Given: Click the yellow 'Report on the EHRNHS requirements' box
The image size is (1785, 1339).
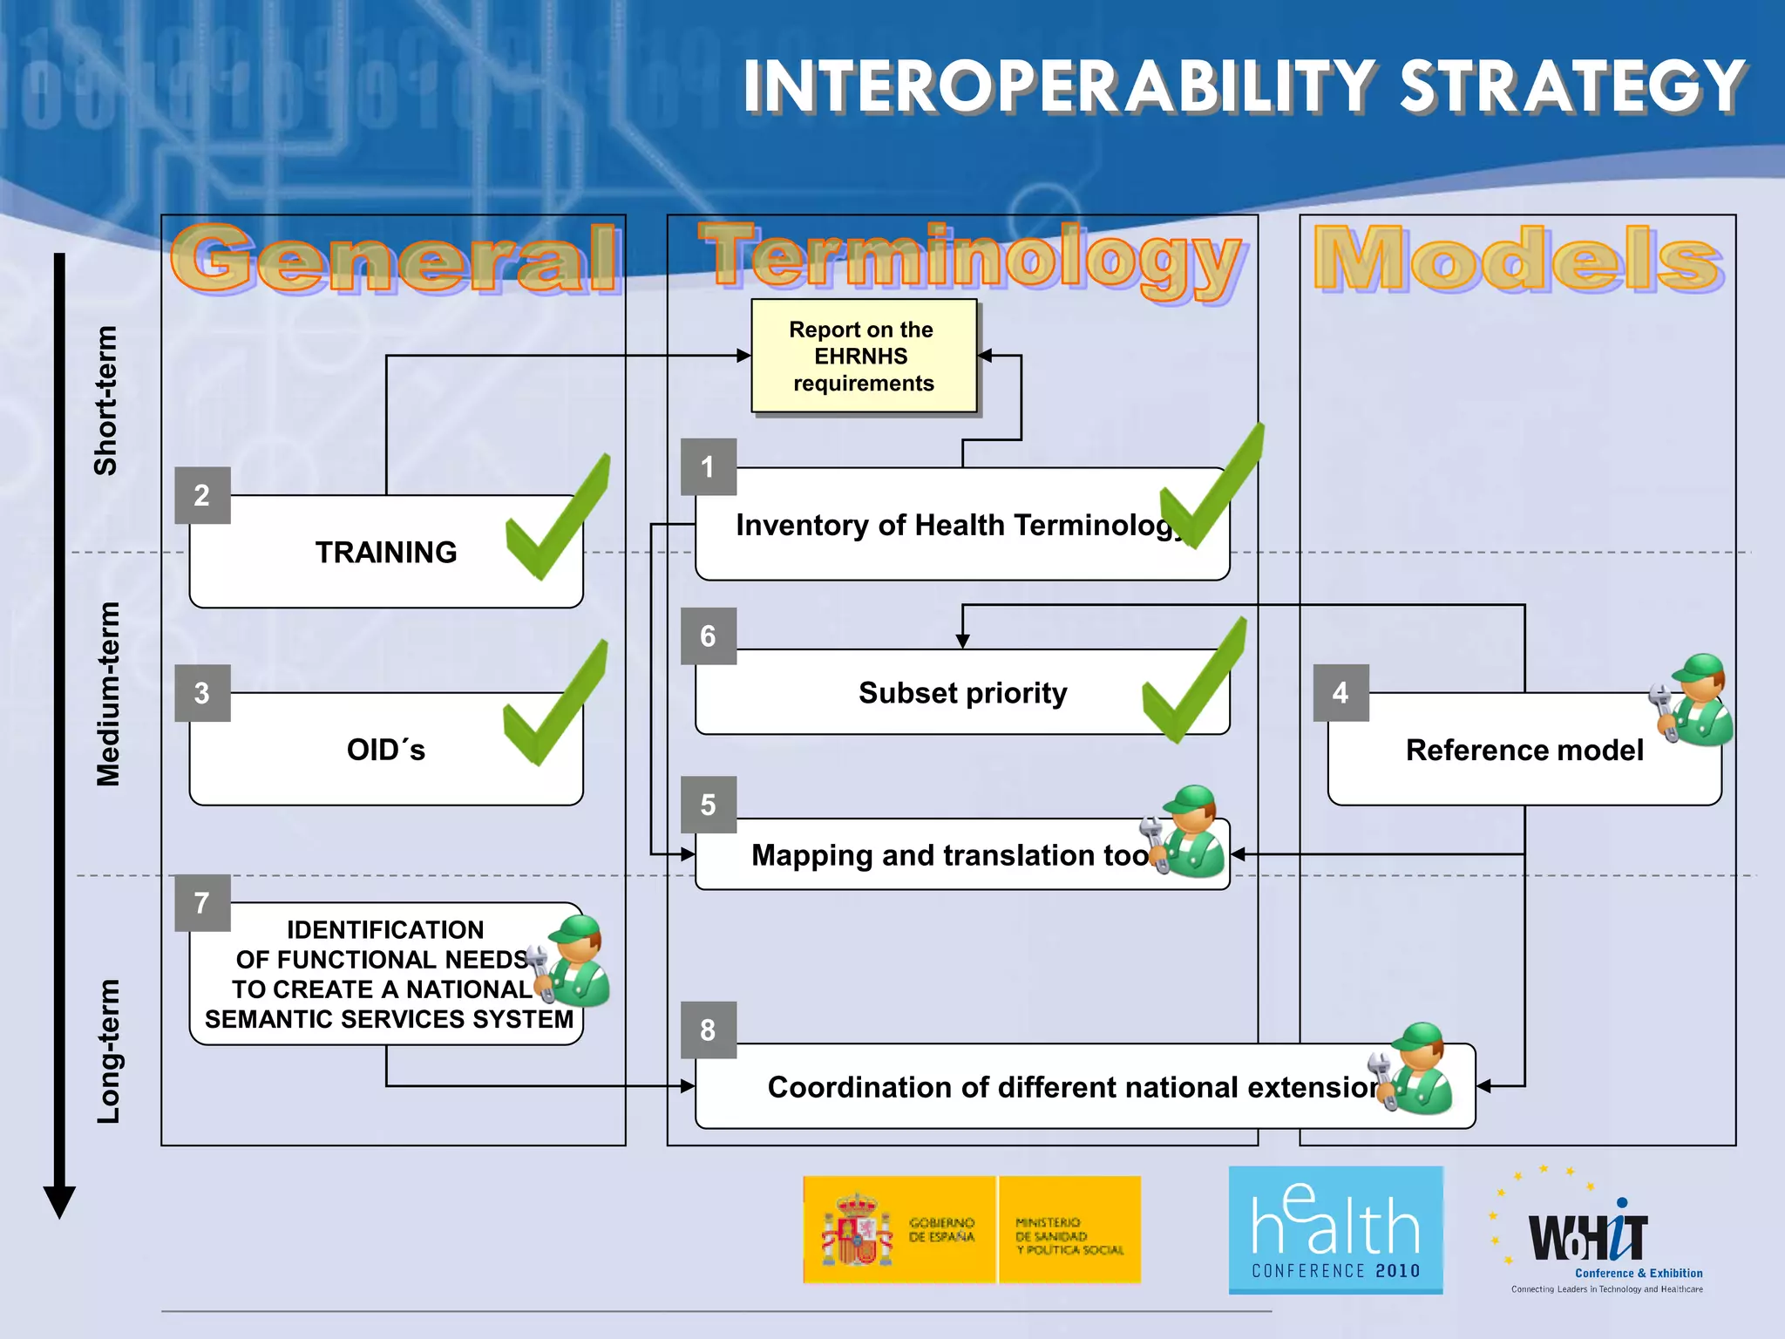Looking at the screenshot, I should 863,356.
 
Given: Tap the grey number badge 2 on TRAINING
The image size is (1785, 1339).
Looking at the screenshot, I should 202,495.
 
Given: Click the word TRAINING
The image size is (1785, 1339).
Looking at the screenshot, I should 386,553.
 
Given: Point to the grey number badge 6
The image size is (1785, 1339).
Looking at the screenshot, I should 708,636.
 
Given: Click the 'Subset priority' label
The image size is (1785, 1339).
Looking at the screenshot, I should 962,693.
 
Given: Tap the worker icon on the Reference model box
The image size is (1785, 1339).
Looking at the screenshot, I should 1693,701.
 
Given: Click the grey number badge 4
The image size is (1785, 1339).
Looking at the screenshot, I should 1340,693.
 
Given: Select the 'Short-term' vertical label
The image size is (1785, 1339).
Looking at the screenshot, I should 106,401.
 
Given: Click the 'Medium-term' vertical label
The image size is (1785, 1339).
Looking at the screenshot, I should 108,695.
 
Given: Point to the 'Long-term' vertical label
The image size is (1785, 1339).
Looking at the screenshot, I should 108,1051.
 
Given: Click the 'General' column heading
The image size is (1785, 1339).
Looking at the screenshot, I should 394,260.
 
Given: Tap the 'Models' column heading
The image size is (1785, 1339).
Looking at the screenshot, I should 1517,259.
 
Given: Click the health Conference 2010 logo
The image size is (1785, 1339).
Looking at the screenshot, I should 1335,1230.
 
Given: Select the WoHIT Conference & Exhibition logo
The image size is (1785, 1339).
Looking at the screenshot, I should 1595,1234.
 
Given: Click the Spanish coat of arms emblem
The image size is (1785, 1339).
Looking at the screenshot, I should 857,1230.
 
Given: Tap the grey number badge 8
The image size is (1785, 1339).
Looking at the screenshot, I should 708,1030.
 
